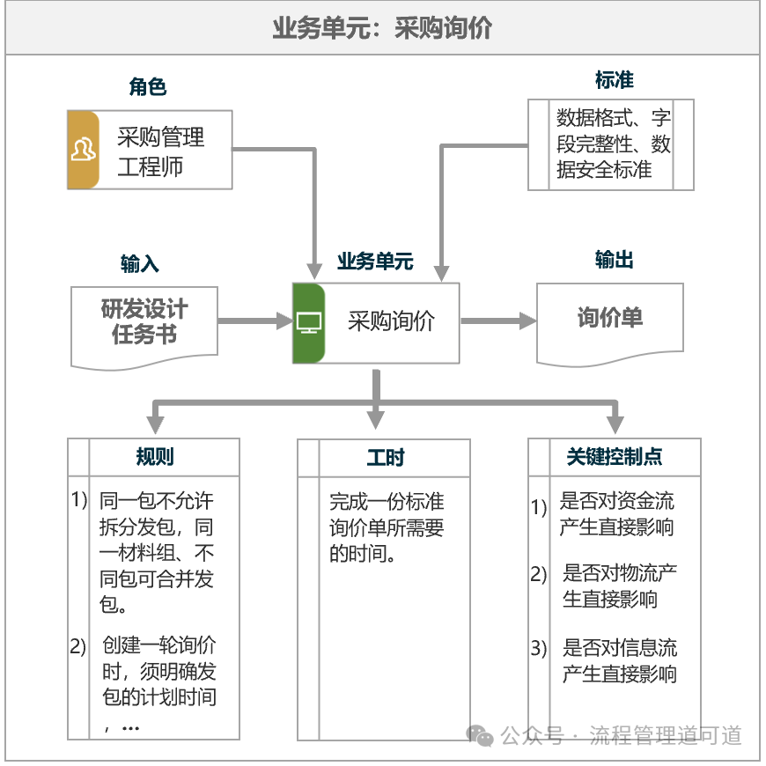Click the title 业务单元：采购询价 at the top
click(x=382, y=28)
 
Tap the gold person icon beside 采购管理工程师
click(x=83, y=150)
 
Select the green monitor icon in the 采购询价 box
click(x=309, y=323)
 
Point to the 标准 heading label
click(x=614, y=80)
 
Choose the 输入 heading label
click(x=140, y=264)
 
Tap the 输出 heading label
click(x=614, y=260)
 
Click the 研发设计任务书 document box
click(x=144, y=322)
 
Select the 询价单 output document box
click(x=609, y=319)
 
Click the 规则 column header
click(x=154, y=457)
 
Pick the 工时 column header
click(x=385, y=458)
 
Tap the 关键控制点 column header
click(x=615, y=457)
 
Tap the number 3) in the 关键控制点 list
click(x=539, y=650)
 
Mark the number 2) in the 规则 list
click(x=78, y=646)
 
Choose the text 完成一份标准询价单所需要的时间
click(x=387, y=527)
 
